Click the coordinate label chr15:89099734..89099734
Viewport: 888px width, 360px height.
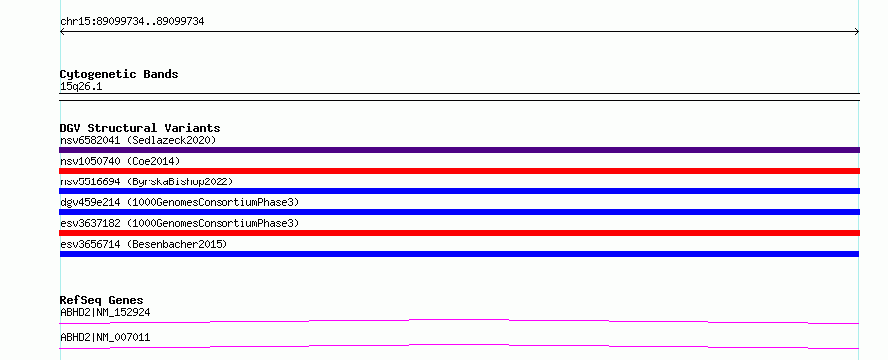pyautogui.click(x=132, y=22)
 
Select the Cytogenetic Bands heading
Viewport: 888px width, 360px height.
pyautogui.click(x=119, y=74)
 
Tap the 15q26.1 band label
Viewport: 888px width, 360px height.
pyautogui.click(x=81, y=87)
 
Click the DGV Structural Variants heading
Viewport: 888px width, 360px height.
pyautogui.click(x=140, y=128)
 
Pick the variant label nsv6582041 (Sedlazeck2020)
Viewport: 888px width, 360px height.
pyautogui.click(x=138, y=140)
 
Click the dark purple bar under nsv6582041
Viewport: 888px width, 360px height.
pyautogui.click(x=459, y=150)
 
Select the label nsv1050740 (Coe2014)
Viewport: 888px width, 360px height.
pyautogui.click(x=120, y=161)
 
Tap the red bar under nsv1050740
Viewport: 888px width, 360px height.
pyautogui.click(x=459, y=171)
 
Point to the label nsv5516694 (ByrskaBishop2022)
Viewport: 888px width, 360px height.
pyautogui.click(x=147, y=181)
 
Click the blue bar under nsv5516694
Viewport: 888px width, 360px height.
pyautogui.click(x=459, y=191)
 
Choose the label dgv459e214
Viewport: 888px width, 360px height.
pyautogui.click(x=90, y=202)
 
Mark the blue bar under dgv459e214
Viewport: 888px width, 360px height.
pyautogui.click(x=459, y=212)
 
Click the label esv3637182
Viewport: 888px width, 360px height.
pyautogui.click(x=90, y=223)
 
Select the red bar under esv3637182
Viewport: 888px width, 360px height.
pyautogui.click(x=459, y=233)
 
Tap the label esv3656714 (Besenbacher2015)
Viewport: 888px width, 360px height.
pyautogui.click(x=144, y=244)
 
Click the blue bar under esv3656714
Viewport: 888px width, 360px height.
pyautogui.click(x=459, y=254)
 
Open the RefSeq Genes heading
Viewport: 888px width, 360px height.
pyautogui.click(x=102, y=300)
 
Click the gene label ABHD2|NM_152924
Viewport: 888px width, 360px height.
pyautogui.click(x=105, y=312)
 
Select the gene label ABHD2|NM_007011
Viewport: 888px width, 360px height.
pyautogui.click(x=105, y=338)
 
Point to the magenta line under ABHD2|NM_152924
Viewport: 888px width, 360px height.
pyautogui.click(x=459, y=320)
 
